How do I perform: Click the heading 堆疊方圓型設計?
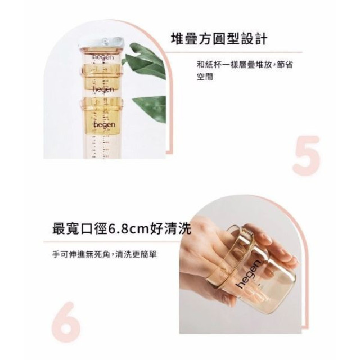pyautogui.click(x=219, y=39)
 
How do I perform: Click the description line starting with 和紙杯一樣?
pyautogui.click(x=245, y=65)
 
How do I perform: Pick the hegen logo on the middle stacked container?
pyautogui.click(x=103, y=89)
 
